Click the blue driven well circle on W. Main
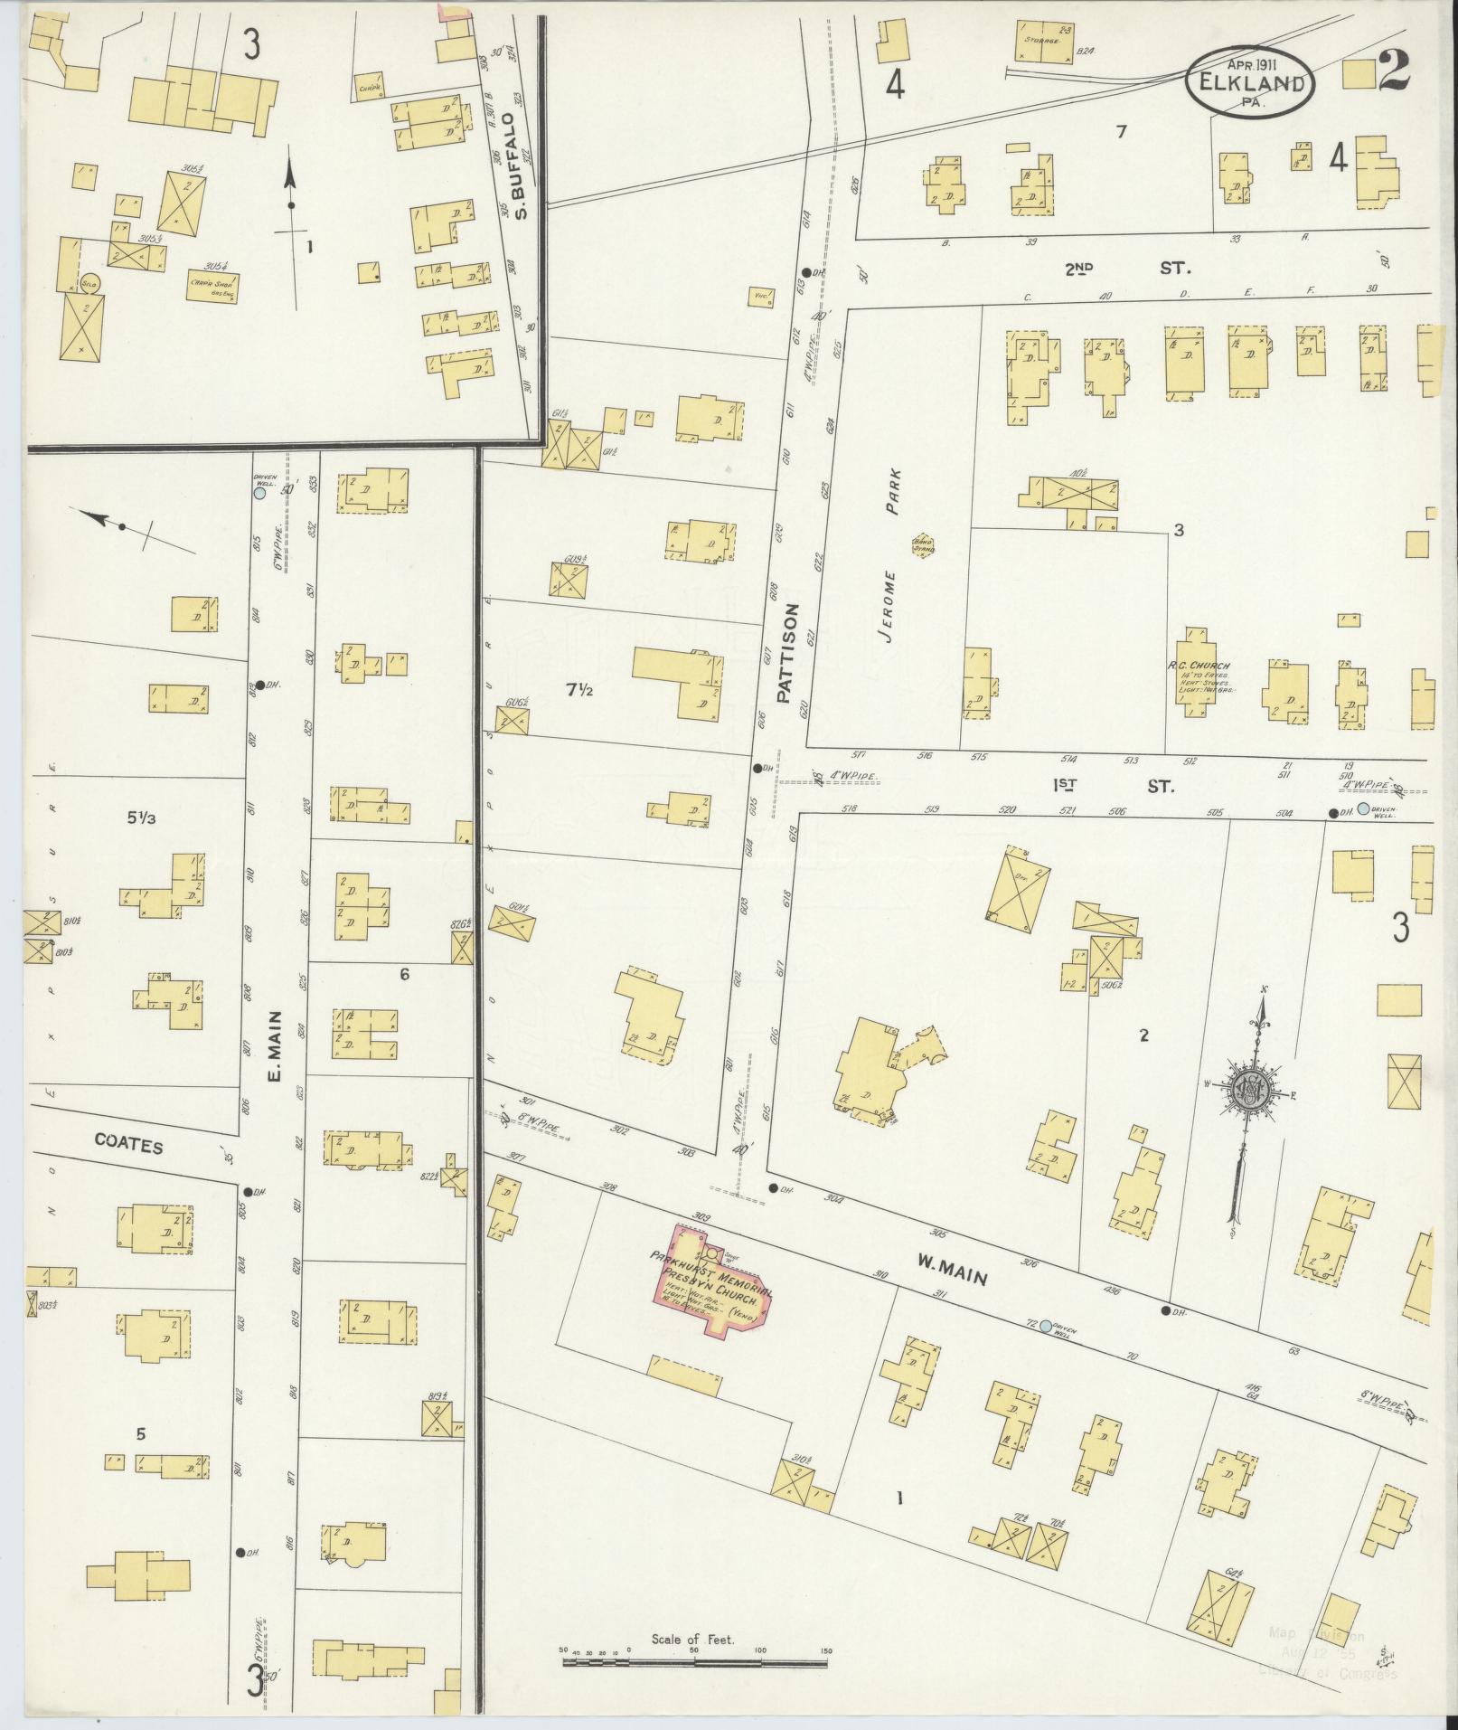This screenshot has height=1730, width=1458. pos(1046,1327)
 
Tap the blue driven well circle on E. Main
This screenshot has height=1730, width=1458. pos(260,494)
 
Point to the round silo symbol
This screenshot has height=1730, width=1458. pos(89,282)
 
